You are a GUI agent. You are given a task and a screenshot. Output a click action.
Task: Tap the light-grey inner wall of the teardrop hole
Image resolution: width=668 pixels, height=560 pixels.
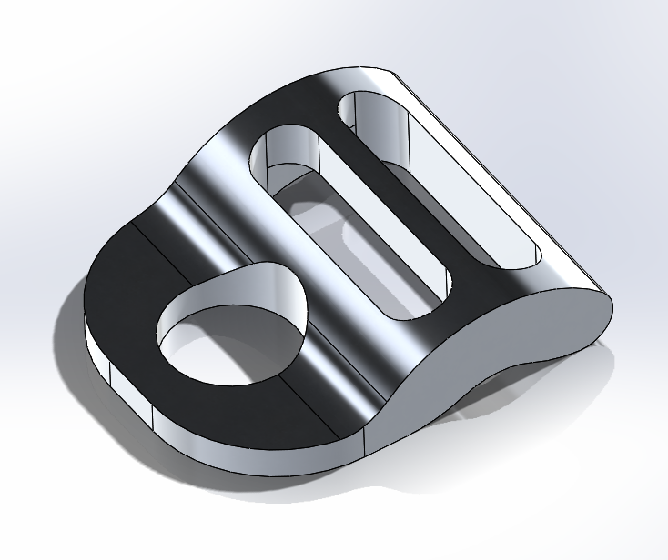tap(264, 300)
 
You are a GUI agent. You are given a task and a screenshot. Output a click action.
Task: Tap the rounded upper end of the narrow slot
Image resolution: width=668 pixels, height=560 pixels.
tap(359, 105)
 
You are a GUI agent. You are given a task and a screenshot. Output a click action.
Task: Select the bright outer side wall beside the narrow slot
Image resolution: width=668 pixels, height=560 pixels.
tap(510, 182)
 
